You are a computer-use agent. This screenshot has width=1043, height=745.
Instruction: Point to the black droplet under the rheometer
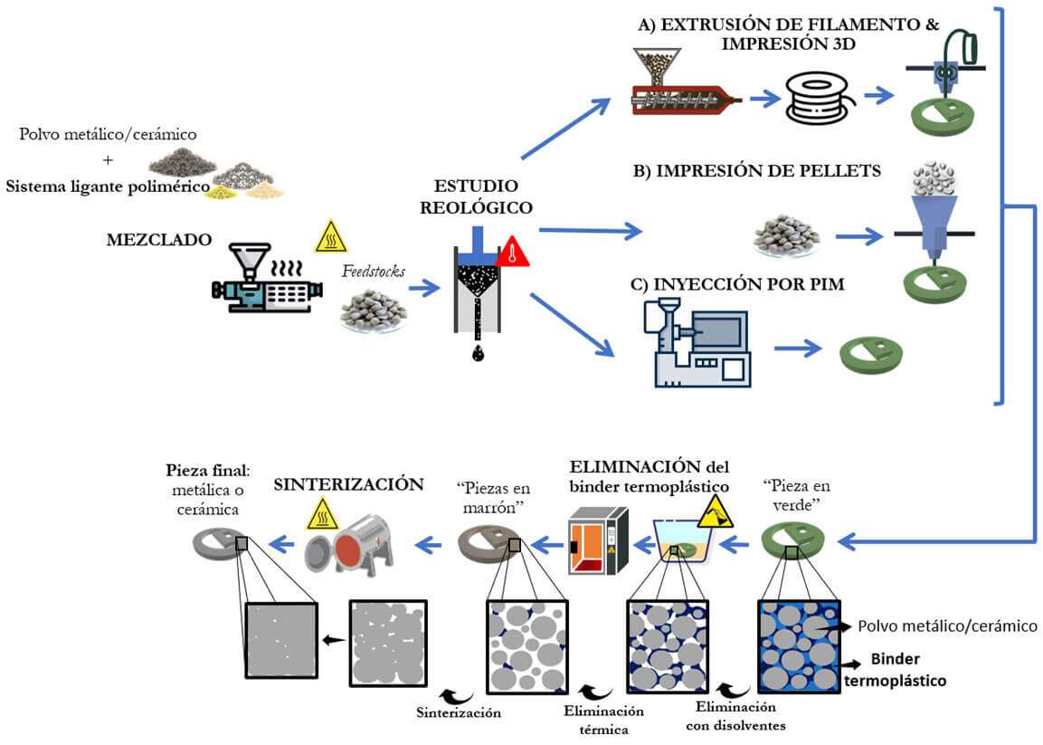click(477, 353)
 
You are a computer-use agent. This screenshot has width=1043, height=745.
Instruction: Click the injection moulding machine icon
click(696, 343)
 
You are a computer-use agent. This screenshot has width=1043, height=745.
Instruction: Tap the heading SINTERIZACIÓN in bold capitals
click(349, 484)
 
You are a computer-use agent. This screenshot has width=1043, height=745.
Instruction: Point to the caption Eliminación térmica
click(603, 719)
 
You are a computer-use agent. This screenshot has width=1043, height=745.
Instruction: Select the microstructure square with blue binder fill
click(799, 646)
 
